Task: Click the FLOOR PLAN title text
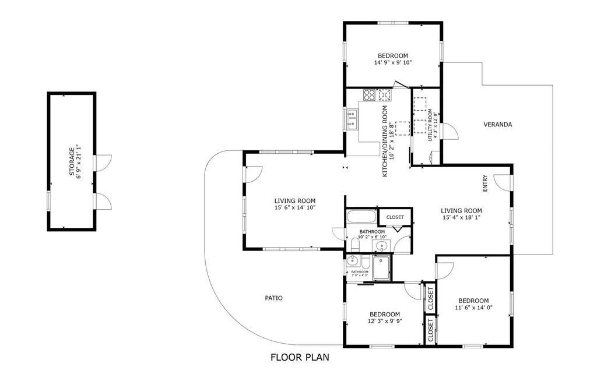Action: click(300, 357)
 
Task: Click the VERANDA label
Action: click(498, 125)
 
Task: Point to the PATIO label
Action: click(273, 298)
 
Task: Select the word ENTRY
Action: click(484, 185)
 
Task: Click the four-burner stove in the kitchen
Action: click(369, 94)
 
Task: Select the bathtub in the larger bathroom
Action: click(361, 218)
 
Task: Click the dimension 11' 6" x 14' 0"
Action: click(473, 308)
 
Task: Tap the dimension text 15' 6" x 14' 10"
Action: click(295, 207)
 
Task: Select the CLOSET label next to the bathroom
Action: click(395, 217)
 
